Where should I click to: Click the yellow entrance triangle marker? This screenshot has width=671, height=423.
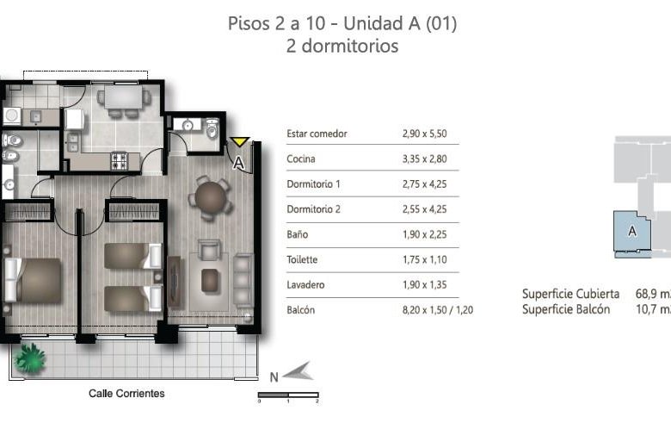pyautogui.click(x=240, y=141)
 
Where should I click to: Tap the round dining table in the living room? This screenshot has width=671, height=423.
pyautogui.click(x=211, y=198)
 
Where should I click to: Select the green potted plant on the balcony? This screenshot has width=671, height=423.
pyautogui.click(x=29, y=358)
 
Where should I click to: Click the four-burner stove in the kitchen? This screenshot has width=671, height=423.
pyautogui.click(x=120, y=161)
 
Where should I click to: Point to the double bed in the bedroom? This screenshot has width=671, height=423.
pyautogui.click(x=33, y=281)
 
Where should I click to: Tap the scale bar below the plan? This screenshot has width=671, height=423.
pyautogui.click(x=288, y=395)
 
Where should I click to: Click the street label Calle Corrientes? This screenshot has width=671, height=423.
pyautogui.click(x=126, y=394)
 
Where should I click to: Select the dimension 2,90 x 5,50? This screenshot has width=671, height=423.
pyautogui.click(x=424, y=134)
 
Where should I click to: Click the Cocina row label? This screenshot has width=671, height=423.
pyautogui.click(x=301, y=159)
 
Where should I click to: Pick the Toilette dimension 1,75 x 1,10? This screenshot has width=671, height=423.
pyautogui.click(x=424, y=259)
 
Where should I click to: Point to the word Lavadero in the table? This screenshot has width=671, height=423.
pyautogui.click(x=305, y=285)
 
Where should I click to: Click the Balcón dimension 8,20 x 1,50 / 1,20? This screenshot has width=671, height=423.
pyautogui.click(x=438, y=310)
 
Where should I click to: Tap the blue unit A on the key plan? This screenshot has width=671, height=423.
pyautogui.click(x=632, y=232)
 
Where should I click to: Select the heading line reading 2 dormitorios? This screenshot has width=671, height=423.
pyautogui.click(x=342, y=46)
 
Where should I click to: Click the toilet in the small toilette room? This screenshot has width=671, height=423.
pyautogui.click(x=212, y=128)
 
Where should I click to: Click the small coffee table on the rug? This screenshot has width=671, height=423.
pyautogui.click(x=210, y=280)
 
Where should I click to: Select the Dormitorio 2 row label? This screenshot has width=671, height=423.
pyautogui.click(x=314, y=209)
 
